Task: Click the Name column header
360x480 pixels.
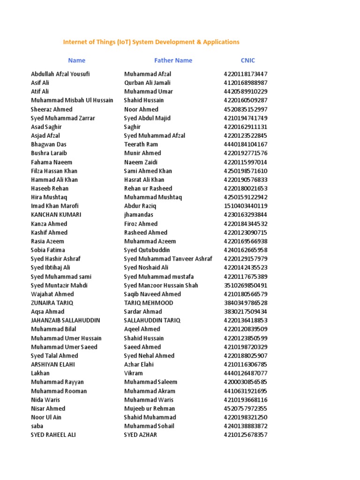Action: coord(76,60)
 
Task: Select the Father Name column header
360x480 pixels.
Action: coord(173,60)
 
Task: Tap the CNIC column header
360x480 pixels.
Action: coord(248,60)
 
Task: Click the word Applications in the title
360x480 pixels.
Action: coord(221,42)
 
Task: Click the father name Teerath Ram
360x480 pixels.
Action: coord(141,144)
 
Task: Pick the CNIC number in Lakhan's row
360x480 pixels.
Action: coord(246,374)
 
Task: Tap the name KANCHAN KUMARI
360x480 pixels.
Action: coord(56,215)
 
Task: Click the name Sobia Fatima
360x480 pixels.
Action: coord(48,250)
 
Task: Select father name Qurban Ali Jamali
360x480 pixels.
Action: coord(148,83)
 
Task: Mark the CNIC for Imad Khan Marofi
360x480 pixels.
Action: coord(246,206)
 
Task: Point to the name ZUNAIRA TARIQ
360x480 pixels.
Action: coord(52,303)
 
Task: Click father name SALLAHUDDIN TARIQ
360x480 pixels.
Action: coord(152,321)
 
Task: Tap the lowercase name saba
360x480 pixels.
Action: coord(37,426)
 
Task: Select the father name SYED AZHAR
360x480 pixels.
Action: coord(141,435)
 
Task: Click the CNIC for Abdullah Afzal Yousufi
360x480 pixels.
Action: coord(246,74)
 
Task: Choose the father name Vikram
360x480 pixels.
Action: coord(134,374)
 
